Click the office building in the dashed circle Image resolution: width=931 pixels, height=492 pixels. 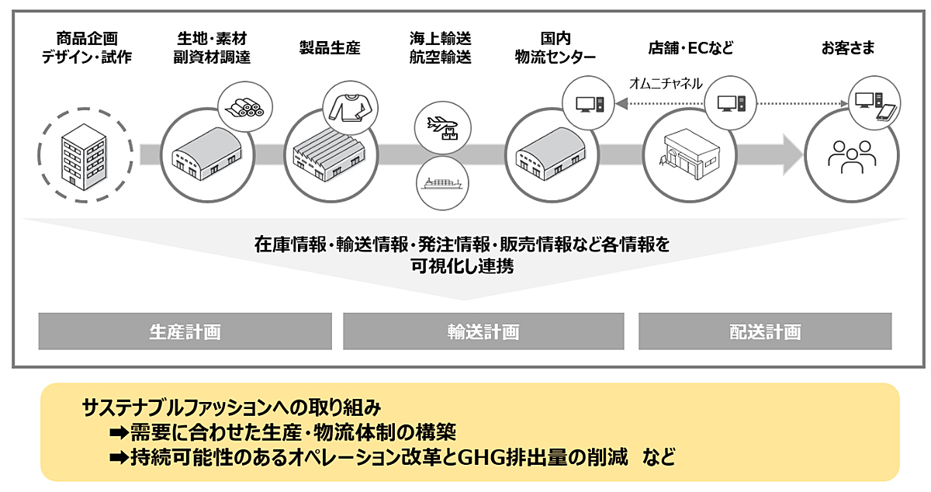click(85, 157)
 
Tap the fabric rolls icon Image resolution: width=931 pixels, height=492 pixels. click(245, 108)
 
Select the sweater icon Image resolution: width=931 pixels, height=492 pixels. click(351, 108)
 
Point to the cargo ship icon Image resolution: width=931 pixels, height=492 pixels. click(441, 183)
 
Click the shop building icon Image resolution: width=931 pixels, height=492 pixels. click(689, 154)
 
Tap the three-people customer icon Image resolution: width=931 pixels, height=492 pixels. click(852, 157)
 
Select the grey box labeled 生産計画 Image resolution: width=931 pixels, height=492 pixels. click(185, 331)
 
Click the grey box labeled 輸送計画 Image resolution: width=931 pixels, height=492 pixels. click(483, 331)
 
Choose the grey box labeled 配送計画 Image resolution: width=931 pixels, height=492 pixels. click(765, 331)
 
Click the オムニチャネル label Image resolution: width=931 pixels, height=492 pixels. click(666, 84)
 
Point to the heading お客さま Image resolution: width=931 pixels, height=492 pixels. click(848, 48)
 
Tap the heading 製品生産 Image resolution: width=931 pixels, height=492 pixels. click(330, 48)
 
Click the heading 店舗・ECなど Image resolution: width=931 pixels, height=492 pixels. click(690, 48)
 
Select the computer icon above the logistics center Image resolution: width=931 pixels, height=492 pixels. click(590, 104)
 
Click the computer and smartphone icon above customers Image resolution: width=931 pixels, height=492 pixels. click(875, 106)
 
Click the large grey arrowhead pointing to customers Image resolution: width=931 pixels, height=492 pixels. click(793, 154)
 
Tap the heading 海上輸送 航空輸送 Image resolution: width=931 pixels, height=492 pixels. click(440, 48)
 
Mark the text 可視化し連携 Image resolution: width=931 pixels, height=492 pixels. click(462, 265)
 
